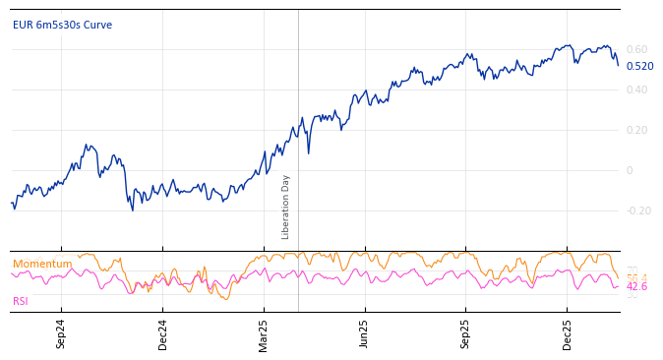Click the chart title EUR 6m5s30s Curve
pos(62,26)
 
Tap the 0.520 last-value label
pos(639,67)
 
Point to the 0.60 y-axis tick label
pos(636,49)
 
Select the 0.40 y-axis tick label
pos(636,90)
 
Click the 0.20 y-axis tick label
pos(636,130)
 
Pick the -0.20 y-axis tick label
pos(638,210)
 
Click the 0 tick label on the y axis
pos(630,170)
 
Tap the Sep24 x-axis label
pos(61,334)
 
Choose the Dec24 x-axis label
pos(163,334)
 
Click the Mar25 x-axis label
pos(264,334)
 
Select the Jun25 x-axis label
pos(364,334)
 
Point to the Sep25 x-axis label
pos(466,334)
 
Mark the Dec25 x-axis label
pos(568,334)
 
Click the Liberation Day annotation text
pos(286,207)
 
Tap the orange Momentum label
pos(42,264)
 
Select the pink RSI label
pos(21,301)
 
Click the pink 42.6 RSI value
pos(636,287)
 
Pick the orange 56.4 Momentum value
pos(636,278)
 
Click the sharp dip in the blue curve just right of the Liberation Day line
pos(308,152)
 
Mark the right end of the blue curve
pos(618,65)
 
